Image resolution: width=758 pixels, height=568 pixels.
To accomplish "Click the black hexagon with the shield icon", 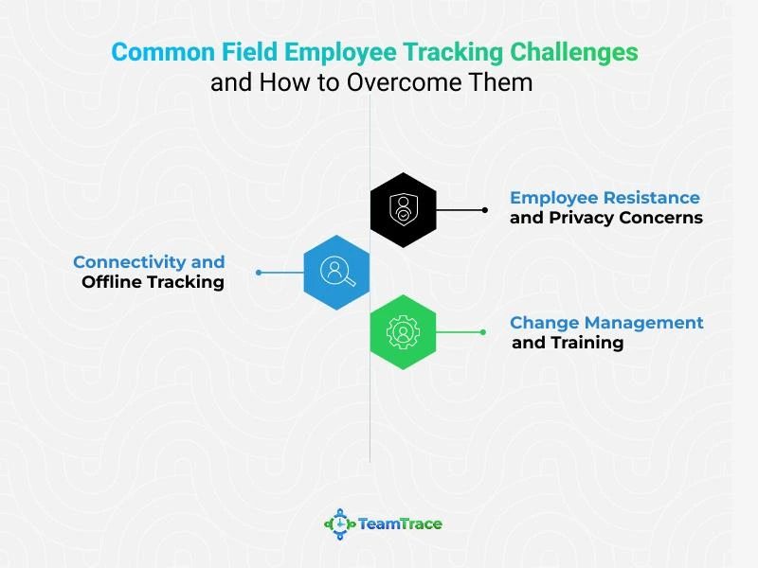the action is [x=404, y=210].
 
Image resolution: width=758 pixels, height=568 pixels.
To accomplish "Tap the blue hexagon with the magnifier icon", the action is [x=336, y=273].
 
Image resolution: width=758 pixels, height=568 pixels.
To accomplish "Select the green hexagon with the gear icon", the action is [x=404, y=332].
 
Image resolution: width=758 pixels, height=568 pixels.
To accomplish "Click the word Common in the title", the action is [x=163, y=52].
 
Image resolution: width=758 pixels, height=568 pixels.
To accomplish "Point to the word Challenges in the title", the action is [x=574, y=52].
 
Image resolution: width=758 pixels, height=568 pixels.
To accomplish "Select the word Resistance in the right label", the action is [x=652, y=198].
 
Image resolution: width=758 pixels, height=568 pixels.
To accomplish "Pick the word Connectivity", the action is [x=130, y=262].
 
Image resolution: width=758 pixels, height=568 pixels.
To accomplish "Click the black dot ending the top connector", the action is [x=484, y=210].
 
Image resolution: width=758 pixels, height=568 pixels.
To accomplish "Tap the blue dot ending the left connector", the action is [x=259, y=273].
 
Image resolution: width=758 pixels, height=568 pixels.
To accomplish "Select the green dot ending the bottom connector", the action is [x=483, y=332].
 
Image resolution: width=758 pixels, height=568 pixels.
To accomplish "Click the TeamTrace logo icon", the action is [x=340, y=524].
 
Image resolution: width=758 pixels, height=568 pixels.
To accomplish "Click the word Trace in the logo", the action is [x=421, y=524].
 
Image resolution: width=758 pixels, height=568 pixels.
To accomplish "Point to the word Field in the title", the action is [x=249, y=52].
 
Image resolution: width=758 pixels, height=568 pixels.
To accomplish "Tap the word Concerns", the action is [x=660, y=218].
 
